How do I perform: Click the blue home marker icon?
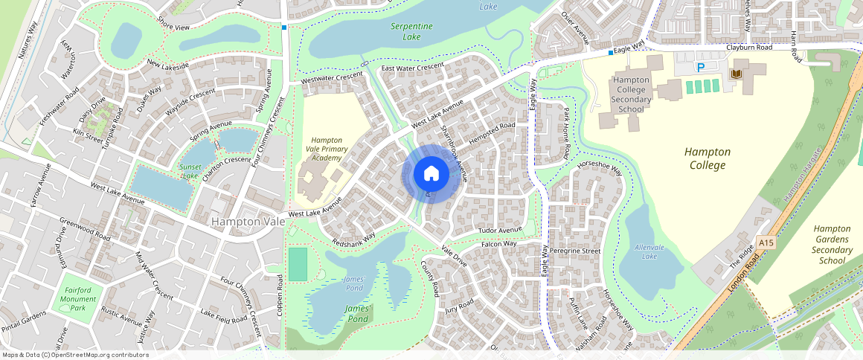pyautogui.click(x=431, y=174)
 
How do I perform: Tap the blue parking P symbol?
pyautogui.click(x=700, y=67)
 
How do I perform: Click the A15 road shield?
pyautogui.click(x=767, y=242)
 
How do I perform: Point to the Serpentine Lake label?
pyautogui.click(x=411, y=31)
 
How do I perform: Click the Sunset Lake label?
pyautogui.click(x=190, y=171)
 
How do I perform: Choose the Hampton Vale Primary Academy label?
pyautogui.click(x=327, y=149)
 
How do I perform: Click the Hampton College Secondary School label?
pyautogui.click(x=630, y=94)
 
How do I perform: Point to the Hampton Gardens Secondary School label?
pyautogui.click(x=832, y=245)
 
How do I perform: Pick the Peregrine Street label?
pyautogui.click(x=575, y=251)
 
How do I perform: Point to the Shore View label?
pyautogui.click(x=174, y=28)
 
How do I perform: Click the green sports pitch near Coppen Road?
pyautogui.click(x=298, y=264)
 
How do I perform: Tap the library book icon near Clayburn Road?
pyautogui.click(x=737, y=75)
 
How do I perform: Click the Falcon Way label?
pyautogui.click(x=498, y=243)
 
